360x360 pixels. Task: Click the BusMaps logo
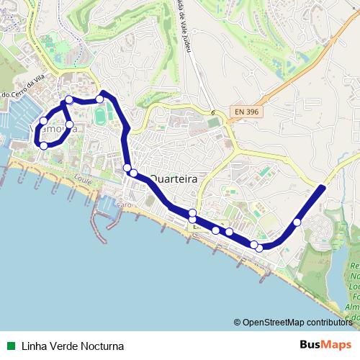325,344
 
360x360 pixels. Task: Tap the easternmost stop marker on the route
297,222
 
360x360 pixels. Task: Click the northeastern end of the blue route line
321,188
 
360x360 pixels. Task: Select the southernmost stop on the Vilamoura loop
44,145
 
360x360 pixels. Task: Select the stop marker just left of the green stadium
100,99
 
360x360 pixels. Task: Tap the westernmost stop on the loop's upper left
44,121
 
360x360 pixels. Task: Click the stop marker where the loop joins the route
69,100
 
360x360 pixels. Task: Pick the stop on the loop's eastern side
70,125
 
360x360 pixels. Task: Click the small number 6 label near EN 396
213,113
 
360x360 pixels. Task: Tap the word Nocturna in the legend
99,345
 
